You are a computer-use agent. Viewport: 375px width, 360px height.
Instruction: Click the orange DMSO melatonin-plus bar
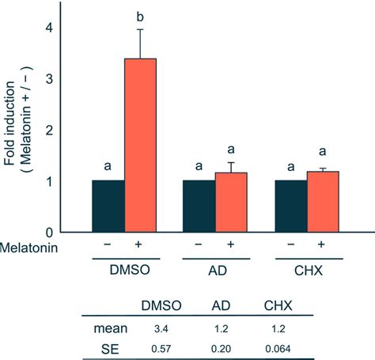[140, 146]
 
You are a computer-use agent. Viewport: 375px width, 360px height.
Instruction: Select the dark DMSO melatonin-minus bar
[108, 206]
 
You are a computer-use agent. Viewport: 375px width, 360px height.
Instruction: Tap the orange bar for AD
[231, 202]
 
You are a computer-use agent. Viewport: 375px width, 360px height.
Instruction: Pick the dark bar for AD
[199, 206]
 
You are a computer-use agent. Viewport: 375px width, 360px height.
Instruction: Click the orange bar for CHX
[323, 201]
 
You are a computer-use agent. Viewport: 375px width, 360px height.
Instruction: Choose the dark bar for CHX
[290, 206]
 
